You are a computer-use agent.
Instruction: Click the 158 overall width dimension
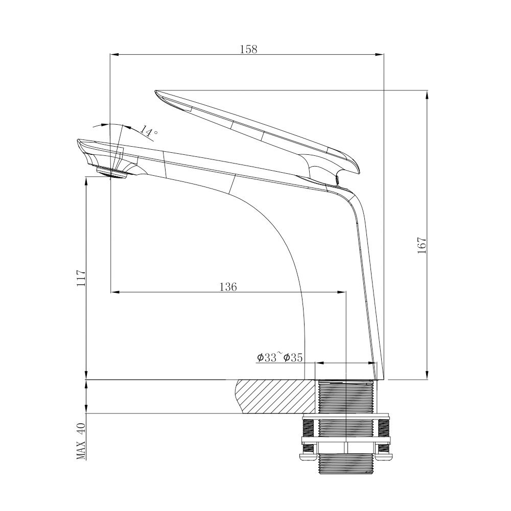[x=248, y=49]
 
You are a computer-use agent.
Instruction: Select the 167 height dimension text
[x=422, y=246]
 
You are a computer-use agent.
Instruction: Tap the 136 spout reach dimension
[x=228, y=287]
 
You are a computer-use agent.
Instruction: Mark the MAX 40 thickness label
[x=81, y=441]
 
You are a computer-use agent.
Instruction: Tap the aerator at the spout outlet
[x=111, y=173]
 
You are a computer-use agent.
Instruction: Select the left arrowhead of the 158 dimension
[x=114, y=54]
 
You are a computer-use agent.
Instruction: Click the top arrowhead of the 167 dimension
[x=427, y=95]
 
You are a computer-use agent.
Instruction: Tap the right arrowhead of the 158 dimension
[x=380, y=54]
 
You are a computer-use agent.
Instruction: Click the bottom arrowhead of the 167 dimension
[x=427, y=376]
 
